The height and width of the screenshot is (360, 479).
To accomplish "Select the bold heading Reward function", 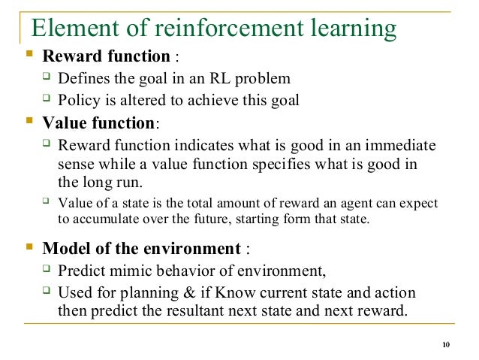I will coord(106,56).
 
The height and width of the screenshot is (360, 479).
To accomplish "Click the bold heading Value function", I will coord(100,123).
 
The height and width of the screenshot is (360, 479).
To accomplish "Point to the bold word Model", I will coord(66,249).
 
